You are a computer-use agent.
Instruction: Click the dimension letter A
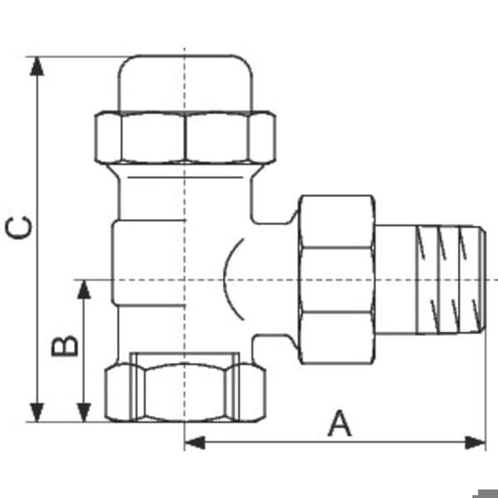339,423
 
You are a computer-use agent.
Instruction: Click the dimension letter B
65,345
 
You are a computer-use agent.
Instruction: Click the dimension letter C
19,227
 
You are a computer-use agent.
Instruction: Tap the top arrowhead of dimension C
37,66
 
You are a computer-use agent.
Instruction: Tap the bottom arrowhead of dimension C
37,413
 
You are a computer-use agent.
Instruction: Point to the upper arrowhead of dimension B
84,290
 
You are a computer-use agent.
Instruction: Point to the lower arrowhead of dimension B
84,413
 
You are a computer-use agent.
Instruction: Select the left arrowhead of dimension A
194,442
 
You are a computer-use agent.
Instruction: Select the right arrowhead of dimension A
476,442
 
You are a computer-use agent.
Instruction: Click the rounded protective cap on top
185,84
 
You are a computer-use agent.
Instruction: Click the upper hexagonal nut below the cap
185,137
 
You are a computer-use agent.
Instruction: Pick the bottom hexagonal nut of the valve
185,393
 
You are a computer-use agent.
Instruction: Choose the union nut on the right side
337,280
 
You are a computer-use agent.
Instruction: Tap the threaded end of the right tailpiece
451,280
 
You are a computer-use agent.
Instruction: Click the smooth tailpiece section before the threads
396,280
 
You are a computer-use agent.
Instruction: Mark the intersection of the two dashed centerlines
184,280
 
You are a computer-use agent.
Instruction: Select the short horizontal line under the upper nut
185,178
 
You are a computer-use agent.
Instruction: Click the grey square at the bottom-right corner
486,494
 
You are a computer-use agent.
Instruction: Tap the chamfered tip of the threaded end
482,280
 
